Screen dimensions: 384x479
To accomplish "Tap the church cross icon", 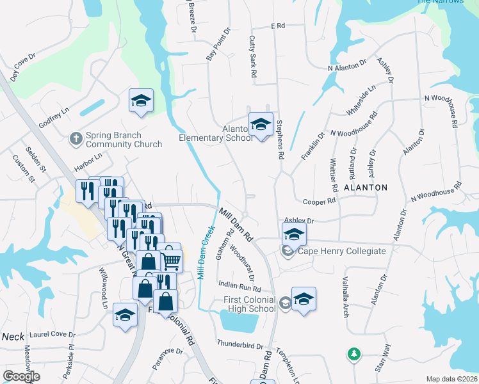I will tap(76, 138).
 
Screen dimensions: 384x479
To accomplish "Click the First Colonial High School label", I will tap(249, 305).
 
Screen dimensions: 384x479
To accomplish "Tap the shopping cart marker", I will tap(171, 260).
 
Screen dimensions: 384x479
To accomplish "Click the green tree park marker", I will tap(353, 353).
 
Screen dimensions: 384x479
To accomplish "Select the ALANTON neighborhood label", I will tap(365, 188).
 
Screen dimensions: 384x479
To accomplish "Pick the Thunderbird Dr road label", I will tap(240, 346).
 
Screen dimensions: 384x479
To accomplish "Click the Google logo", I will tap(21, 376).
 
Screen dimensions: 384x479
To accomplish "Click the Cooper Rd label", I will tap(319, 201).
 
